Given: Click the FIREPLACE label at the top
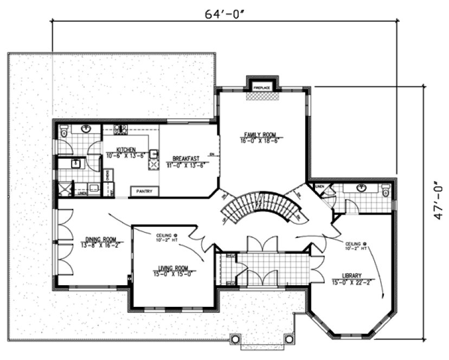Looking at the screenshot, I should tap(262, 87).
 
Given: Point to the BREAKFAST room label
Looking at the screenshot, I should tap(184, 159).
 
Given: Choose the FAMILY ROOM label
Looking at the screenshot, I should tap(261, 134).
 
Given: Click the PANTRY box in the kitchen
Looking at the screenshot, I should tap(145, 191).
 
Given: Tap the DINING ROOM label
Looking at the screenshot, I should tap(101, 238).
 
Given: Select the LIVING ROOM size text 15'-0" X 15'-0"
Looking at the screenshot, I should tap(173, 274).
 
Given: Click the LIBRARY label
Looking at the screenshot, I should tap(351, 275).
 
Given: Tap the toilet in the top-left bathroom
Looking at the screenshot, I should tap(63, 131).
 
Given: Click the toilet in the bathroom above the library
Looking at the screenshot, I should tap(386, 190).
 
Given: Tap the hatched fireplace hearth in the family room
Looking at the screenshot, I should tap(262, 95).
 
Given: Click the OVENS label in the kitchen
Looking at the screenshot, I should tap(108, 175).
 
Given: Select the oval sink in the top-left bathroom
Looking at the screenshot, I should tap(86, 129).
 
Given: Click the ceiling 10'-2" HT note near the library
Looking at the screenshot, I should tap(356, 246).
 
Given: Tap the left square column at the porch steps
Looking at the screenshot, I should tap(235, 339).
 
